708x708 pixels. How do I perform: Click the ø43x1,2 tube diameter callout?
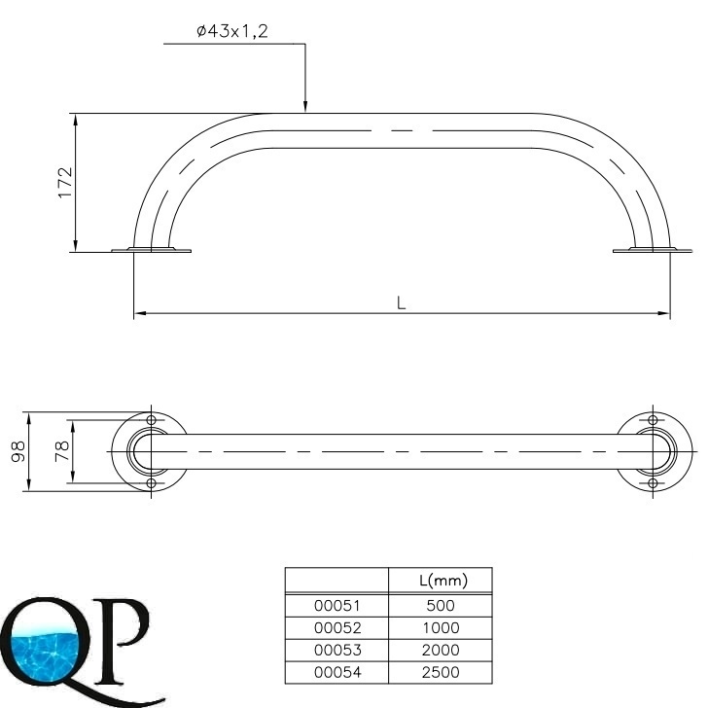click(232, 31)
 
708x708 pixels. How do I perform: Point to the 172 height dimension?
click(65, 183)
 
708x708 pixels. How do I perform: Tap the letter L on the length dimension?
click(401, 303)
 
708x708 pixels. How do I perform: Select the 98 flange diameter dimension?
click(18, 451)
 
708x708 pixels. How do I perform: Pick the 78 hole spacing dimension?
click(62, 451)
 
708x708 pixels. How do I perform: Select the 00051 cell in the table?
click(337, 606)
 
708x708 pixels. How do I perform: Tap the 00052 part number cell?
click(337, 627)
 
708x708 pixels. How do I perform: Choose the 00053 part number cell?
click(337, 650)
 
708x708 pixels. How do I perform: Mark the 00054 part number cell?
click(337, 672)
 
